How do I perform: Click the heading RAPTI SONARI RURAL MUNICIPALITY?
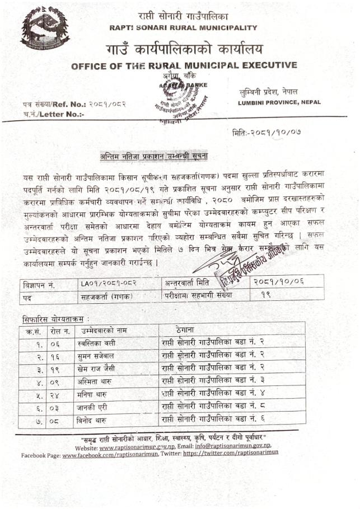[184, 27]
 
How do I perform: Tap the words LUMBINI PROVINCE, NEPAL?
[279, 103]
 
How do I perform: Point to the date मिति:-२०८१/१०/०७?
[267, 133]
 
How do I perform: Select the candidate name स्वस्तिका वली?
[98, 342]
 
